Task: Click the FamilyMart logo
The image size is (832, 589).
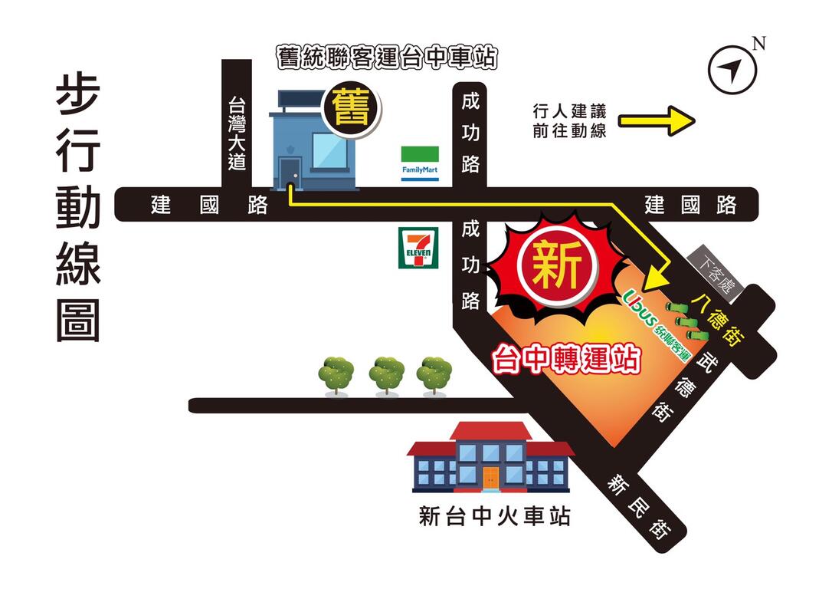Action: tap(421, 163)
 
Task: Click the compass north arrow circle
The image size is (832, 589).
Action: tap(732, 71)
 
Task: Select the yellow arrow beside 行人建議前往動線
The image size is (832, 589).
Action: tap(656, 120)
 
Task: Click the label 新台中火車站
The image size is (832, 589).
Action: tap(495, 516)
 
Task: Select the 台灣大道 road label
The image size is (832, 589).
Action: tap(237, 133)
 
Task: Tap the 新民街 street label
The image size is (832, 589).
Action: tap(639, 506)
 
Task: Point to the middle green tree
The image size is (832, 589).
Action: tap(386, 373)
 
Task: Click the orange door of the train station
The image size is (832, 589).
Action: tap(490, 477)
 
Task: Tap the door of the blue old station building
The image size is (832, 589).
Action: tap(290, 173)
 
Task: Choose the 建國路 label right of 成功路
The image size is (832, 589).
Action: tap(690, 206)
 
